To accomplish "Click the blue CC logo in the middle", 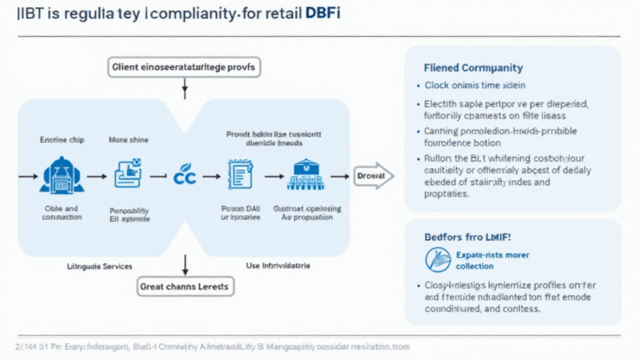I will coord(183,176).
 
